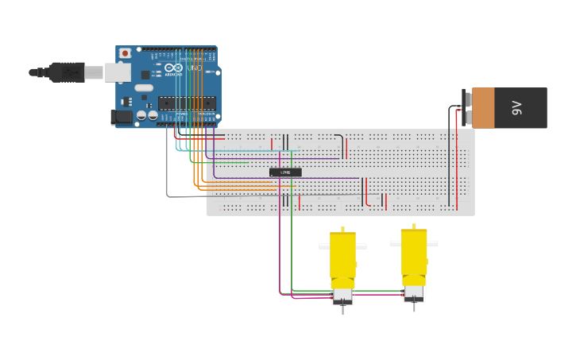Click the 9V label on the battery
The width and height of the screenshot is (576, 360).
point(517,108)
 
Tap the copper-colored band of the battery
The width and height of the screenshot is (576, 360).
point(483,108)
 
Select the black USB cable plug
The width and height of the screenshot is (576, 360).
point(68,72)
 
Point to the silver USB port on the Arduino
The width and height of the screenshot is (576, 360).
point(117,72)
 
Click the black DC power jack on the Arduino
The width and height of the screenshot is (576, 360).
point(122,117)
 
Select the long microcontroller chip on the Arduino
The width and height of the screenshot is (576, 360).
point(187,103)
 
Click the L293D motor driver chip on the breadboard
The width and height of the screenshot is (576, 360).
point(285,172)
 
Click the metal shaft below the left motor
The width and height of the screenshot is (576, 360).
point(342,309)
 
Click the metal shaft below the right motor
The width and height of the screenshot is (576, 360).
point(414,306)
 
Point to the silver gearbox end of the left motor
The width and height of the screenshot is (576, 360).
point(342,295)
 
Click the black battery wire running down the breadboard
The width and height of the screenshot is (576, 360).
point(449,175)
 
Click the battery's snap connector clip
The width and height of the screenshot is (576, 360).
point(467,108)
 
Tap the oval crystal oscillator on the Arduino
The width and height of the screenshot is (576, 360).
point(143,87)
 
